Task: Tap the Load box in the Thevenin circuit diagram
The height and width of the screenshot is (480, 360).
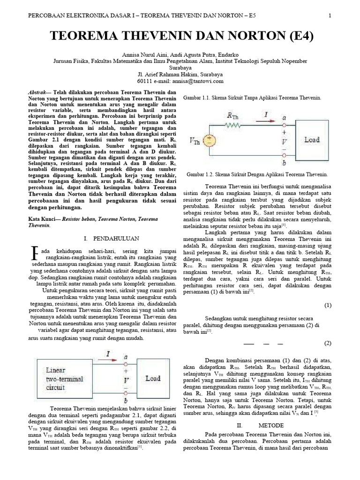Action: pos(312,140)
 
